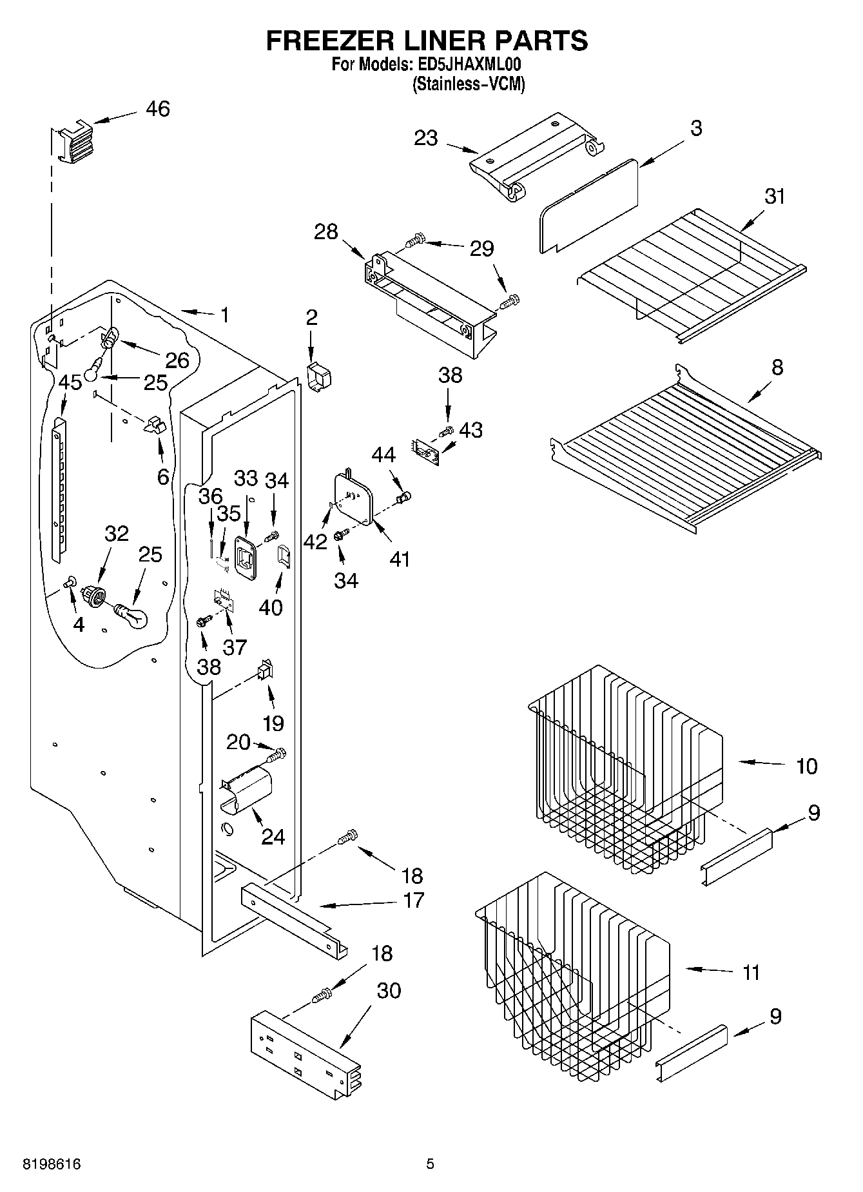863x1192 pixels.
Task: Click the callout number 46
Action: coord(158,109)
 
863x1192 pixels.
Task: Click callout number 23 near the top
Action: coord(426,138)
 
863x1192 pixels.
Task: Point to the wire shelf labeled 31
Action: coord(690,271)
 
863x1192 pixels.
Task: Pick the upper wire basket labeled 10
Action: coord(625,767)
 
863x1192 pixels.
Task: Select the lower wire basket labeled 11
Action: coord(574,973)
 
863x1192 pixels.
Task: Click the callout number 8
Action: coord(777,367)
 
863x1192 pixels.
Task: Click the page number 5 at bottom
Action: coord(430,1164)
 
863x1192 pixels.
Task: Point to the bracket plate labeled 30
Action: coord(303,1057)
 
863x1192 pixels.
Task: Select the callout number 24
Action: coord(273,837)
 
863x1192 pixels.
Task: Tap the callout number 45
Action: coord(70,382)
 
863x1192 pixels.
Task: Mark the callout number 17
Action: coord(413,900)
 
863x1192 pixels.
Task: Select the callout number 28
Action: coord(326,231)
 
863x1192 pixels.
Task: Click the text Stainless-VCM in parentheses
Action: coord(469,84)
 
